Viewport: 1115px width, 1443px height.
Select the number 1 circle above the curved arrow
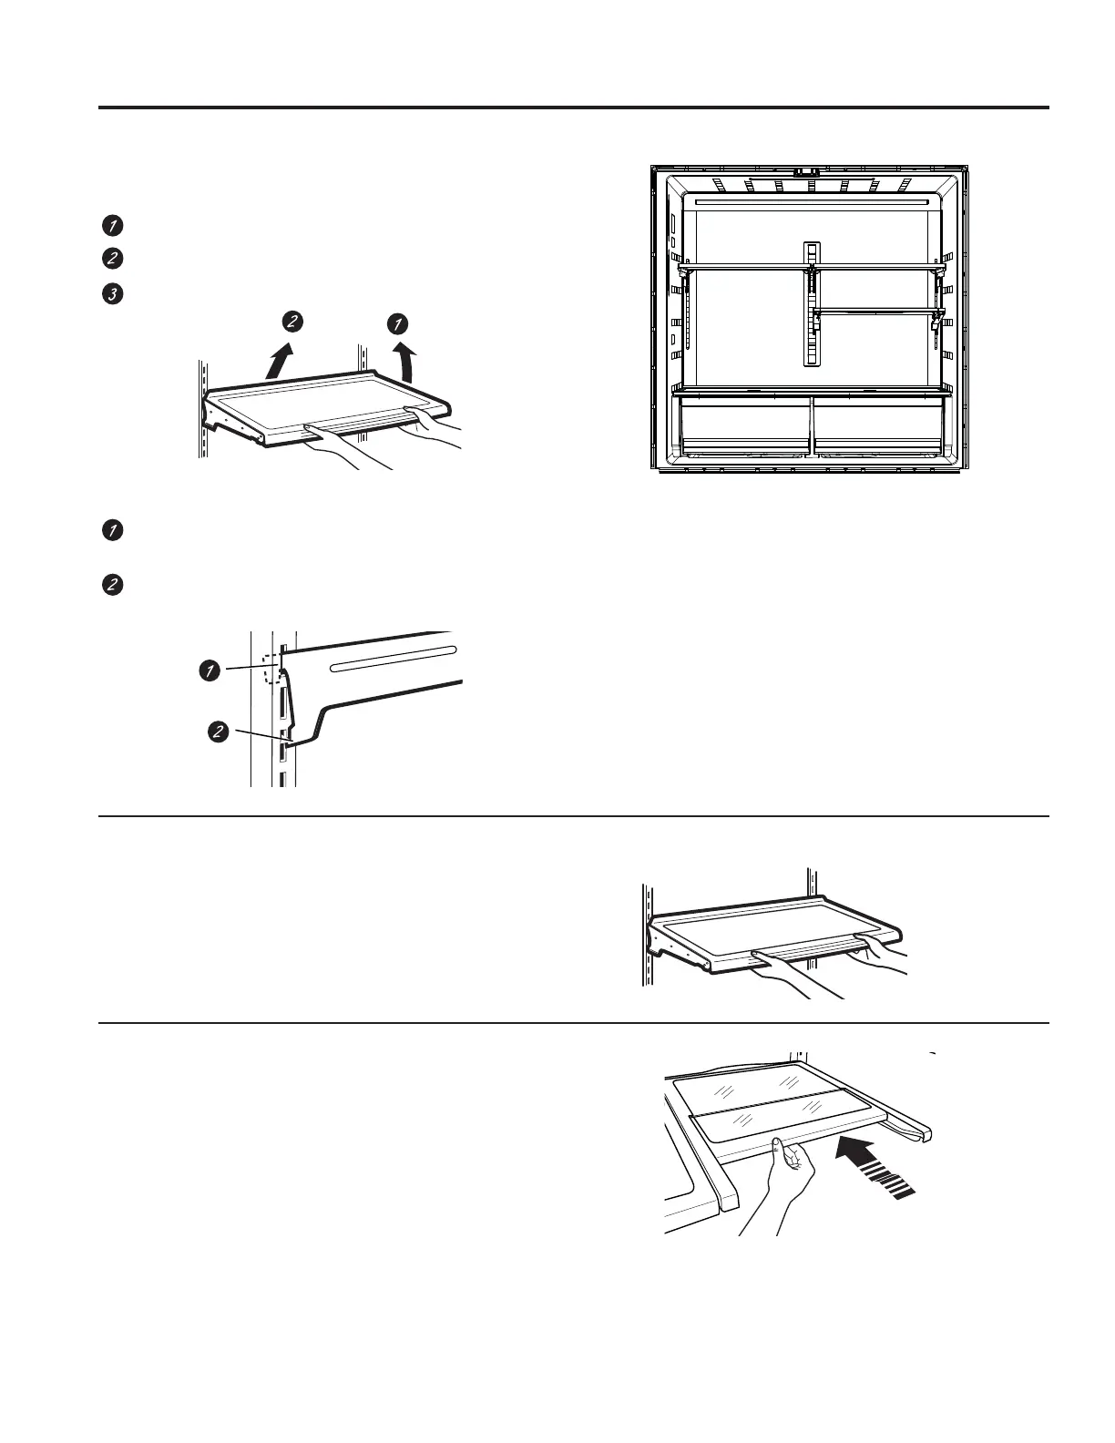pyautogui.click(x=397, y=322)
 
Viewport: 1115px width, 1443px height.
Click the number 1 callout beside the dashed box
pyautogui.click(x=209, y=671)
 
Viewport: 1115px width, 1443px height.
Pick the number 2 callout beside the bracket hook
pyautogui.click(x=218, y=732)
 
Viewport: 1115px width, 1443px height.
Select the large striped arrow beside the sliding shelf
pyautogui.click(x=875, y=1162)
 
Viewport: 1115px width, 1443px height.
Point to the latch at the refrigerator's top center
pyautogui.click(x=806, y=170)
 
